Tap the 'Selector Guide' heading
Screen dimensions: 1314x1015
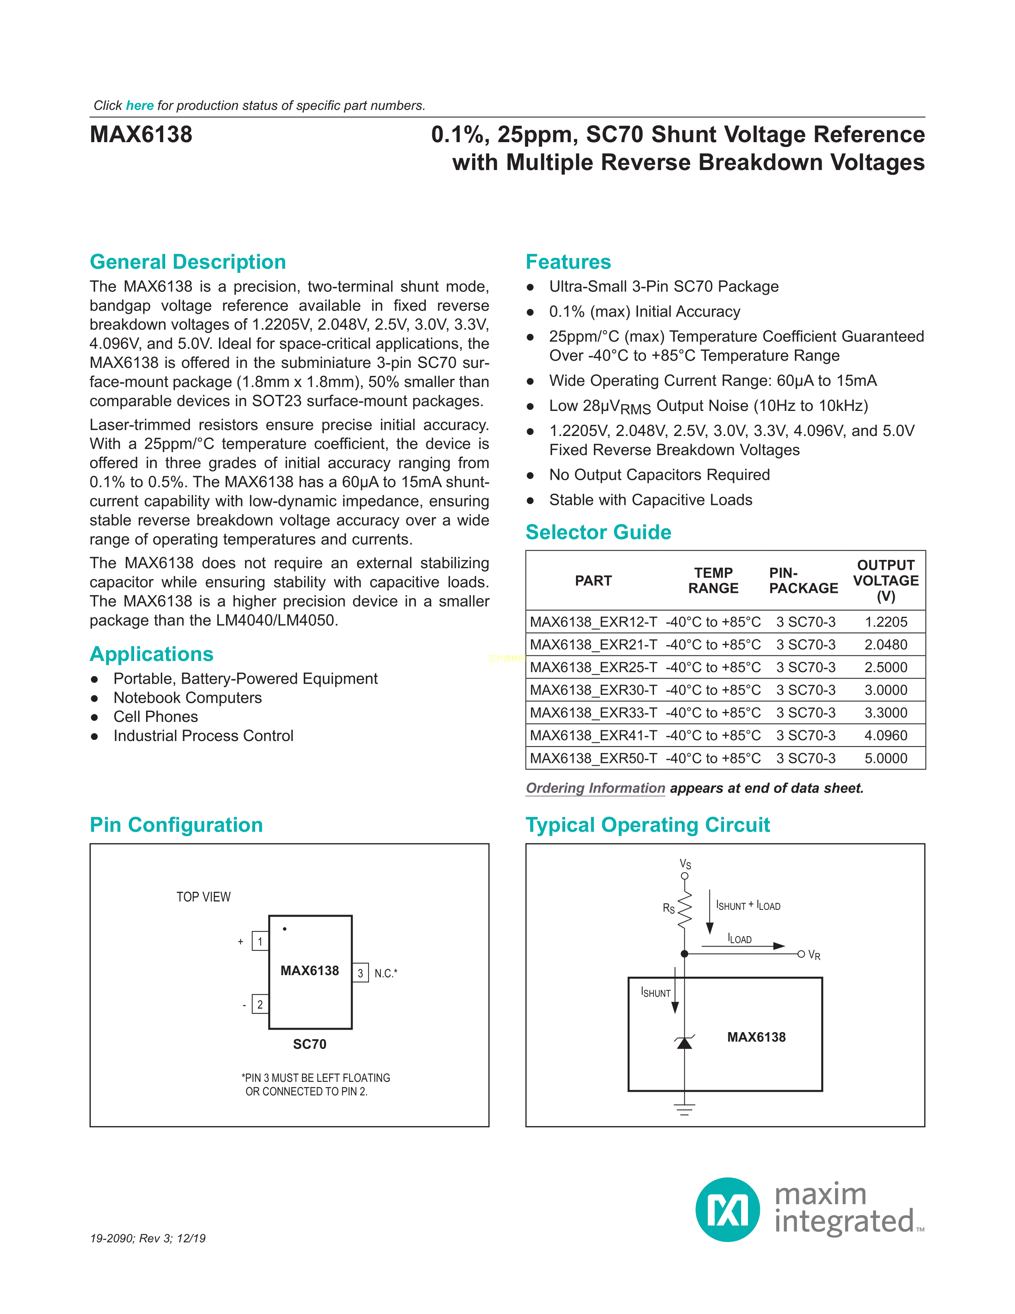click(x=598, y=532)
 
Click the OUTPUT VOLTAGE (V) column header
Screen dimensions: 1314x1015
click(x=885, y=581)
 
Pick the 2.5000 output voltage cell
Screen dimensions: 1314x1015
click(x=885, y=667)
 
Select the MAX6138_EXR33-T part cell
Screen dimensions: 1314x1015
click(x=593, y=713)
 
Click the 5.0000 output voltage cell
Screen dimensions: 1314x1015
click(x=885, y=758)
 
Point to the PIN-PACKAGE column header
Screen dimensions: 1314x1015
click(x=803, y=581)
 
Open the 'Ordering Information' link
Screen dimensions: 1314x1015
click(x=595, y=788)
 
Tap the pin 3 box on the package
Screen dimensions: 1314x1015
click(x=360, y=973)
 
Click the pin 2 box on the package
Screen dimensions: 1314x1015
click(x=260, y=1004)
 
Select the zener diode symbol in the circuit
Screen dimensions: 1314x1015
click(x=684, y=1042)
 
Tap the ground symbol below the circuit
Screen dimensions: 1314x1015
click(x=684, y=1109)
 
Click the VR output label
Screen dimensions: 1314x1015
click(x=814, y=955)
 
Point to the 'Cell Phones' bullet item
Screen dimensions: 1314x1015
click(x=156, y=717)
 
